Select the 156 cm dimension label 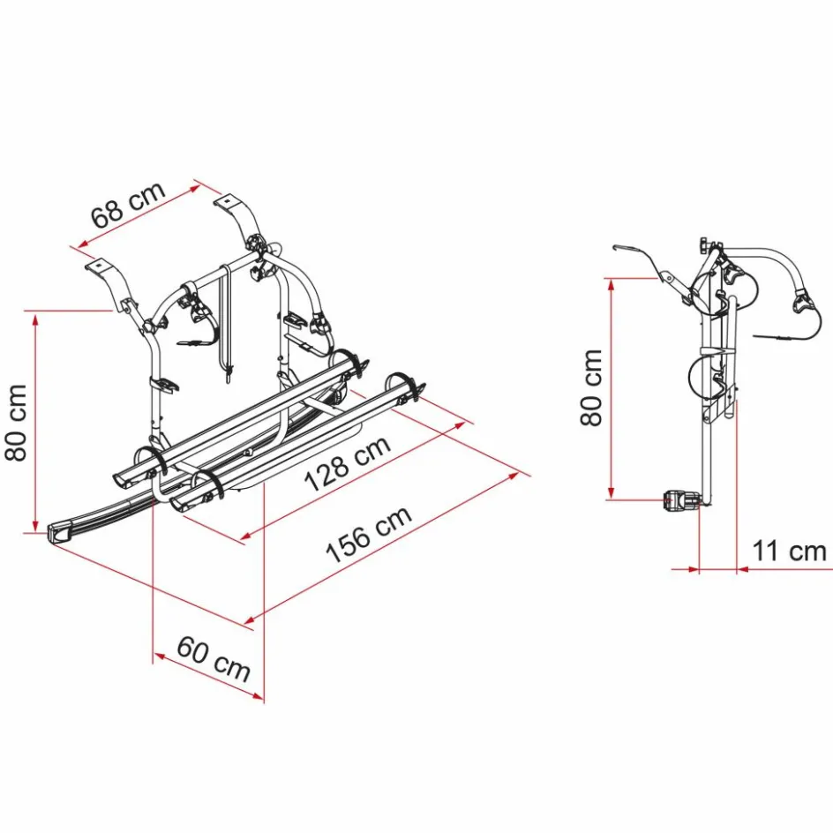coord(368,533)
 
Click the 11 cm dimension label coord(789,551)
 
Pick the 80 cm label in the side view coord(591,387)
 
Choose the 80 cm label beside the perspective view coord(16,423)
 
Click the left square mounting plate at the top coord(98,264)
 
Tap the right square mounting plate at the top coord(227,201)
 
